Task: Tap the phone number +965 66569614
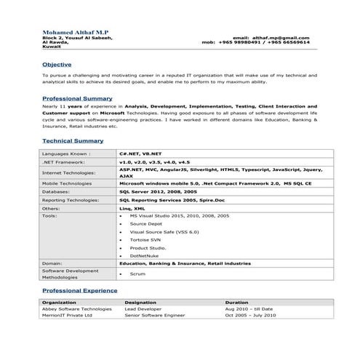click(287, 41)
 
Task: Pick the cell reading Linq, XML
click(132, 207)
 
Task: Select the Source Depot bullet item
click(145, 223)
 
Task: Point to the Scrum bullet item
click(137, 274)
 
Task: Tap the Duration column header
click(237, 301)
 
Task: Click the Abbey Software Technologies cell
click(77, 308)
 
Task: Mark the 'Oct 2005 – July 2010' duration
click(250, 316)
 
